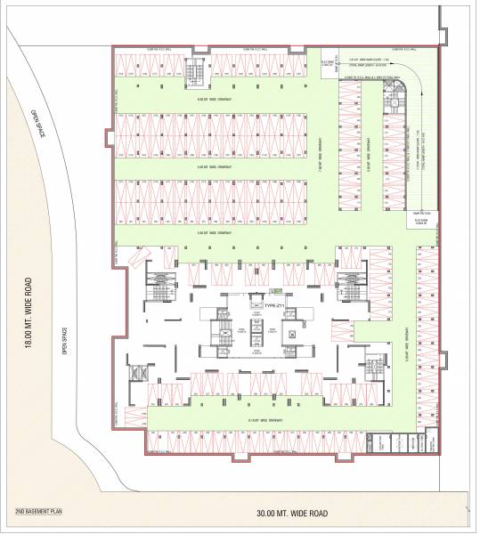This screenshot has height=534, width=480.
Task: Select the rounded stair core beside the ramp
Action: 390,105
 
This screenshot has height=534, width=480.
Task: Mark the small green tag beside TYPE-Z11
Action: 278,291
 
